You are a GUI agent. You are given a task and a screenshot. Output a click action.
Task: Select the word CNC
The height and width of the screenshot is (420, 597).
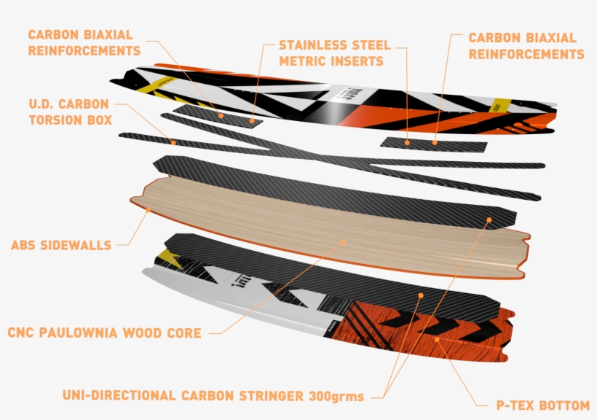(21, 333)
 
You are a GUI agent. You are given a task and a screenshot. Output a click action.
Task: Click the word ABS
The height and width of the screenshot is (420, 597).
(25, 246)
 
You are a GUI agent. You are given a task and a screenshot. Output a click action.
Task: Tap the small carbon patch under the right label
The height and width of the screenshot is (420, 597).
(433, 144)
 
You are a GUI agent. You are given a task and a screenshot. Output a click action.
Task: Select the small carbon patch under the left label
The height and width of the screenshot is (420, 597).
(215, 114)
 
